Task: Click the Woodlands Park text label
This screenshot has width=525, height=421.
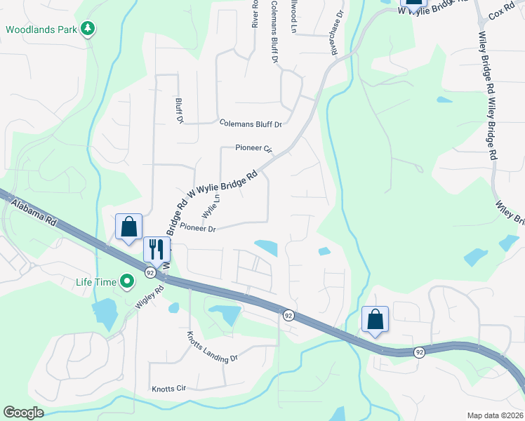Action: [x=41, y=30]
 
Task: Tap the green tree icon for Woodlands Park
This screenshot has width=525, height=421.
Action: [x=88, y=29]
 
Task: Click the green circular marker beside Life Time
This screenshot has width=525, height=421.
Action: [x=127, y=282]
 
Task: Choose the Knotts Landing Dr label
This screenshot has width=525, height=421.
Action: [x=213, y=349]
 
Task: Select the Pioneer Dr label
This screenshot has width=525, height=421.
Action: [x=197, y=228]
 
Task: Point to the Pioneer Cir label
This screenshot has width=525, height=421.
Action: [x=253, y=149]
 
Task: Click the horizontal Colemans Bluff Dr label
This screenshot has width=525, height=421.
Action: [x=251, y=124]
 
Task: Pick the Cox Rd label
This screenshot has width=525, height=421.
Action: [x=503, y=14]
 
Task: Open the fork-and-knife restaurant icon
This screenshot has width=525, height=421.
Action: [x=157, y=249]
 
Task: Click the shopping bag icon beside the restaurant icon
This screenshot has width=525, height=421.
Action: [x=129, y=227]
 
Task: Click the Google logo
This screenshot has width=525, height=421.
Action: [x=24, y=413]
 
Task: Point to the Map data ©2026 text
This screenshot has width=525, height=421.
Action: [x=495, y=415]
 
